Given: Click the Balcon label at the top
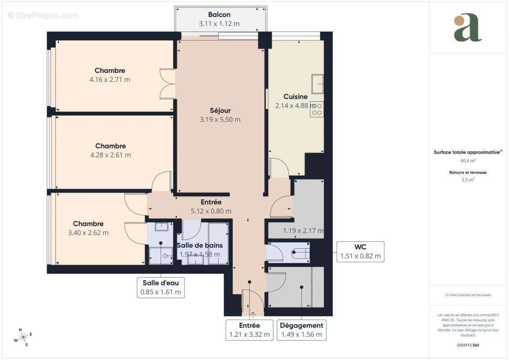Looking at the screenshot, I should pyautogui.click(x=219, y=14).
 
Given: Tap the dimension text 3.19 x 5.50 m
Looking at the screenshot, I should pyautogui.click(x=220, y=120).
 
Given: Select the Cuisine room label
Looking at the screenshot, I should pyautogui.click(x=296, y=96).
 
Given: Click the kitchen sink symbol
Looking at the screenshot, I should pyautogui.click(x=317, y=84).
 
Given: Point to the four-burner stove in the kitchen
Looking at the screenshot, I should pyautogui.click(x=316, y=109).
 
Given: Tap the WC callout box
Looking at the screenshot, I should pyautogui.click(x=360, y=252).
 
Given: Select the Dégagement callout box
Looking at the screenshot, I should pyautogui.click(x=302, y=330).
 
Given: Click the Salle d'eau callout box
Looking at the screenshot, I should pyautogui.click(x=161, y=287).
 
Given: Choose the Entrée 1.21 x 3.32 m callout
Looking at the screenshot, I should pyautogui.click(x=249, y=330).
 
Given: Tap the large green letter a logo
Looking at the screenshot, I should pyautogui.click(x=468, y=28).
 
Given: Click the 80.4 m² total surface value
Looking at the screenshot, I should pyautogui.click(x=468, y=161).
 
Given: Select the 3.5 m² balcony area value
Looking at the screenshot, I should pyautogui.click(x=468, y=180).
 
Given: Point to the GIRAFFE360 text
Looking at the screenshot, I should pyautogui.click(x=468, y=345).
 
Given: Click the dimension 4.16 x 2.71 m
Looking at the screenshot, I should pyautogui.click(x=110, y=80).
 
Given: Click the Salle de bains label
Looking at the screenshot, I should pyautogui.click(x=199, y=245).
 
